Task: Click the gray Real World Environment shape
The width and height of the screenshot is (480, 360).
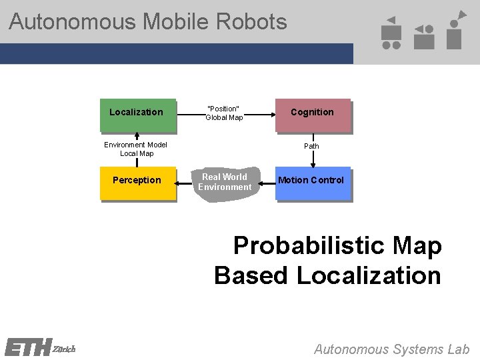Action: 225,183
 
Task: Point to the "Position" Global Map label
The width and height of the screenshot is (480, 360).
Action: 224,113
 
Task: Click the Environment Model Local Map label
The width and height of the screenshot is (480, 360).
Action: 136,149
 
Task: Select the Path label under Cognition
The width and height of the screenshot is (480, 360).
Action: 311,146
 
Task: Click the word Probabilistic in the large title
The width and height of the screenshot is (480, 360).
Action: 308,246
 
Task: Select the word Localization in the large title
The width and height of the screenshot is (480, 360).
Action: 368,275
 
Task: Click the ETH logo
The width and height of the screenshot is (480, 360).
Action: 27,348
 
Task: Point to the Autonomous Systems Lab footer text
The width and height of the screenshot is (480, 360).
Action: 391,349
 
